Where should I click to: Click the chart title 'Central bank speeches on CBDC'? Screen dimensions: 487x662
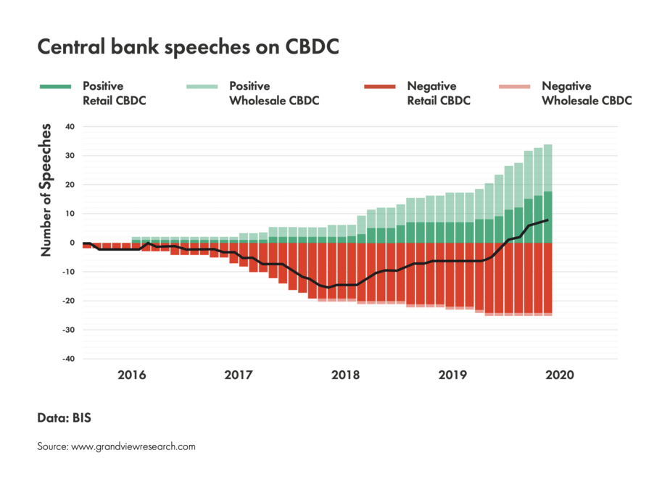tap(188, 48)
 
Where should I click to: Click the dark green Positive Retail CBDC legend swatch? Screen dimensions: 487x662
tap(55, 87)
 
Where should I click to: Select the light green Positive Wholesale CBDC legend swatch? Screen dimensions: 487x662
tap(202, 87)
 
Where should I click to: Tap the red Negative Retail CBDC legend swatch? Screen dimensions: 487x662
tap(380, 87)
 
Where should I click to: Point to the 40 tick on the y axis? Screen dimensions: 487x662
tap(70, 127)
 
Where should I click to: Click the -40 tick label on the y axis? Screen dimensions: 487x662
tap(68, 359)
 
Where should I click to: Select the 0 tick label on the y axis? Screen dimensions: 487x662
tap(73, 243)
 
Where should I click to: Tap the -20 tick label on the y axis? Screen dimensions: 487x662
tap(68, 301)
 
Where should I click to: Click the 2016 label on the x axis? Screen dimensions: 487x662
tap(131, 375)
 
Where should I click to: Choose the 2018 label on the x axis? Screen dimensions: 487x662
tap(346, 375)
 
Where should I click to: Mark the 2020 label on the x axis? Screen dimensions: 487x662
tap(559, 375)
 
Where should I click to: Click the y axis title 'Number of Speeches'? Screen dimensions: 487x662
tap(46, 190)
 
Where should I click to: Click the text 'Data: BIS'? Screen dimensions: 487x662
tap(64, 418)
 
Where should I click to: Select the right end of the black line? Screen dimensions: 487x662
tap(548, 220)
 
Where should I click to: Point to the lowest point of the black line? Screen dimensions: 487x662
tap(328, 288)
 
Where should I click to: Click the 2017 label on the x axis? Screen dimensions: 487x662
tap(239, 375)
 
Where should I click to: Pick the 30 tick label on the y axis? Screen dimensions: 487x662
tap(70, 156)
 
